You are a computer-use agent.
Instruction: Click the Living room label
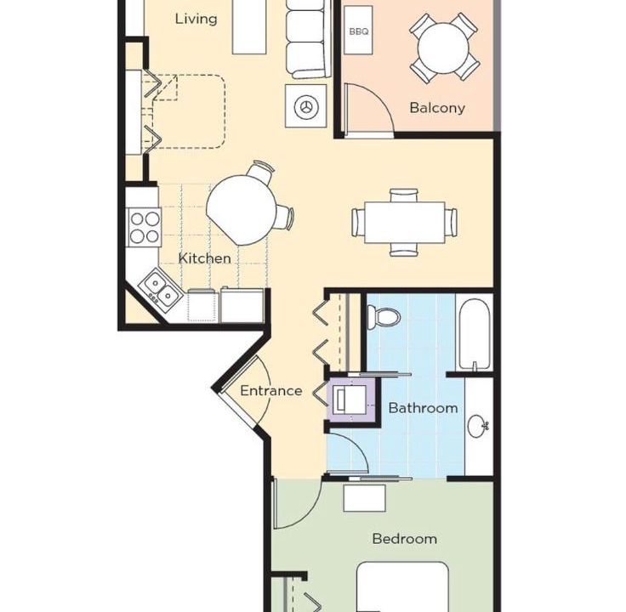pyautogui.click(x=196, y=20)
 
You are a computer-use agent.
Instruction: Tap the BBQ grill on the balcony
pyautogui.click(x=359, y=30)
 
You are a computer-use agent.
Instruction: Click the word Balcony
pyautogui.click(x=437, y=108)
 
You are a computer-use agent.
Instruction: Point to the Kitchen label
pyautogui.click(x=204, y=258)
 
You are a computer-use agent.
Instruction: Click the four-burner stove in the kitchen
pyautogui.click(x=144, y=228)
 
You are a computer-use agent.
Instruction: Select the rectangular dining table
pyautogui.click(x=404, y=222)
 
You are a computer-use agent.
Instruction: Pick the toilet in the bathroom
pyautogui.click(x=384, y=317)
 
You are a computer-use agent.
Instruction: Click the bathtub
pyautogui.click(x=474, y=334)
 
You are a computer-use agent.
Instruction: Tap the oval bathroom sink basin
pyautogui.click(x=478, y=426)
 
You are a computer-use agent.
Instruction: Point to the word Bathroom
pyautogui.click(x=424, y=408)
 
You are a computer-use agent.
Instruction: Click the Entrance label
pyautogui.click(x=271, y=391)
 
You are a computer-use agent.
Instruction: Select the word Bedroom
pyautogui.click(x=404, y=539)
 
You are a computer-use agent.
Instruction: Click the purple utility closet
pyautogui.click(x=351, y=399)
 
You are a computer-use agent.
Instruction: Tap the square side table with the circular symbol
pyautogui.click(x=306, y=106)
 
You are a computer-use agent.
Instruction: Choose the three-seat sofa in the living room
pyautogui.click(x=309, y=39)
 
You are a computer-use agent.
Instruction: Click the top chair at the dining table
pyautogui.click(x=404, y=195)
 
